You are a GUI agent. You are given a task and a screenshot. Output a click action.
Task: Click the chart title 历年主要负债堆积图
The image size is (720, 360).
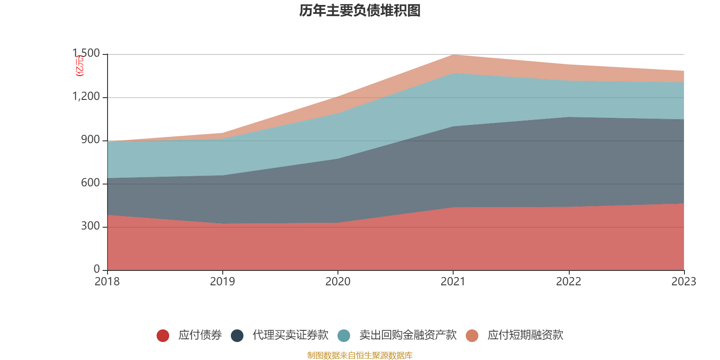click(360, 10)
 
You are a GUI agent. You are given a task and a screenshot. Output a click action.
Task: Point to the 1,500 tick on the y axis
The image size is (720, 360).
click(86, 54)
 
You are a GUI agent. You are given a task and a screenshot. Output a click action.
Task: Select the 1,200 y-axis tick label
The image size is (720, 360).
click(86, 97)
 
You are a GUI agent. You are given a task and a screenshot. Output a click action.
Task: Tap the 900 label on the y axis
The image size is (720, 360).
click(90, 140)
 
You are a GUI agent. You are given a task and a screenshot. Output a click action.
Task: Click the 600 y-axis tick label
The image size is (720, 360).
click(90, 183)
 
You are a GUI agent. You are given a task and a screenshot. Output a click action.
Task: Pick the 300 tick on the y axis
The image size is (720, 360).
click(90, 226)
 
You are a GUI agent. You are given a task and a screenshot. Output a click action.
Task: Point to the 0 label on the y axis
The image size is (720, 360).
click(97, 269)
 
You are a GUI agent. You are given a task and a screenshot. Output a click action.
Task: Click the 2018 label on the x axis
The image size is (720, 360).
click(107, 282)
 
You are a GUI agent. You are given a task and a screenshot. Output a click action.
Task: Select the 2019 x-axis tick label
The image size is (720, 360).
click(222, 282)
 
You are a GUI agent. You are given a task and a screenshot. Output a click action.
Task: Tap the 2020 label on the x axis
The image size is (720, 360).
click(338, 282)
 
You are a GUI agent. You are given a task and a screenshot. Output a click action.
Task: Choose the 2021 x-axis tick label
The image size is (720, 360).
click(453, 282)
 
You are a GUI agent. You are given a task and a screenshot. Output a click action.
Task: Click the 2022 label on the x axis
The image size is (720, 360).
click(568, 282)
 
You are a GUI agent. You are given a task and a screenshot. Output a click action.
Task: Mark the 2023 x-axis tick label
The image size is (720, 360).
click(684, 282)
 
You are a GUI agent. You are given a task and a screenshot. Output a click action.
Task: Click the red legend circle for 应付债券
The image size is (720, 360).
click(162, 335)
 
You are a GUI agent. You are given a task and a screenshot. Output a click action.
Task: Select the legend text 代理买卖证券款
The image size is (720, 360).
click(290, 335)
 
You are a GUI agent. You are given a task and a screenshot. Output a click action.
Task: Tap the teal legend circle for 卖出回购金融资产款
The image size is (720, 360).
click(344, 335)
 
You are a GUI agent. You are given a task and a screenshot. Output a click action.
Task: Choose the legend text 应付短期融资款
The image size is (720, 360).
click(525, 335)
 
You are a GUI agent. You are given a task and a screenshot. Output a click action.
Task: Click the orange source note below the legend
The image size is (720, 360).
click(360, 355)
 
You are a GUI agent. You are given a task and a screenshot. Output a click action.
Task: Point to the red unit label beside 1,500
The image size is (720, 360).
click(80, 66)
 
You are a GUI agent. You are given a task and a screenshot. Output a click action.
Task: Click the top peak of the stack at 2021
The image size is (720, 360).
click(453, 55)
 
